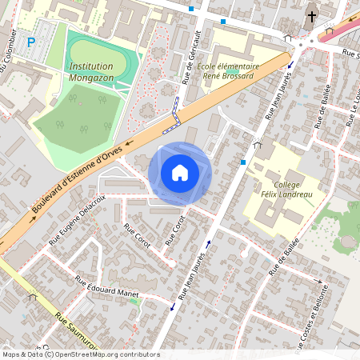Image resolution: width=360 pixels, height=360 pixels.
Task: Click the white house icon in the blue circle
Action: (x=180, y=172)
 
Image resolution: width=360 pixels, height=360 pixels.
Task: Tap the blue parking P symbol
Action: (x=31, y=42)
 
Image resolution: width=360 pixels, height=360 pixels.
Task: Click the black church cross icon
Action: (x=311, y=16)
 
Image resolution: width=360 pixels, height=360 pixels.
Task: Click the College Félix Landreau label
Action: (x=286, y=189)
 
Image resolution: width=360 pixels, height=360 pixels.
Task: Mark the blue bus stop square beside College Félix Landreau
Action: (x=242, y=162)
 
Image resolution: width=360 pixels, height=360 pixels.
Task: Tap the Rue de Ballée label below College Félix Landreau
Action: (x=284, y=256)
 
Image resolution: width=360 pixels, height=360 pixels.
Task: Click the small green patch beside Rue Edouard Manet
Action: (x=134, y=302)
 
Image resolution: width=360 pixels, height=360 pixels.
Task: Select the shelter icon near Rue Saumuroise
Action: (x=33, y=297)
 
